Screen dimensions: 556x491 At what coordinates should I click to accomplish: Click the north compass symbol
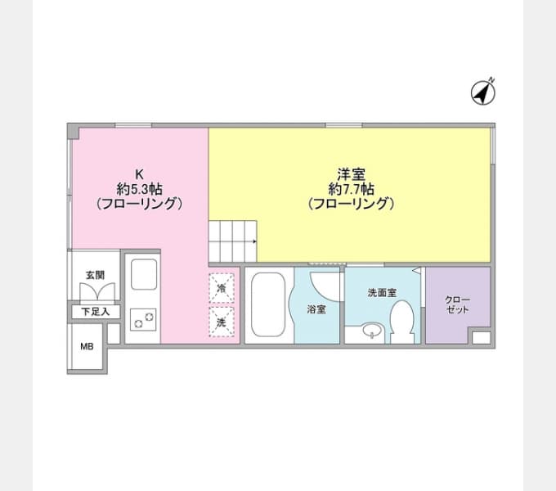point(483,92)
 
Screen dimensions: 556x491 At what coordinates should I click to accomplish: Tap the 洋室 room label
point(351,174)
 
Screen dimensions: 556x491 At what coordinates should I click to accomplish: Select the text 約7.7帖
point(351,189)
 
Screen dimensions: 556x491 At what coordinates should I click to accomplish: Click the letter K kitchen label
point(139,174)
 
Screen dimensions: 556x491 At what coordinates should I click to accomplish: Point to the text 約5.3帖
point(139,189)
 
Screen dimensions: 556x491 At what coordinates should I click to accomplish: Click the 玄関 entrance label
point(95,275)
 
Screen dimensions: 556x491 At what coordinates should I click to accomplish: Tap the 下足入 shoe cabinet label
point(96,312)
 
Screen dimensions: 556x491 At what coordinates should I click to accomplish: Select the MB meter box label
point(87,346)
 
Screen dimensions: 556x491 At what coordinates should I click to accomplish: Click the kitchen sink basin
point(144,274)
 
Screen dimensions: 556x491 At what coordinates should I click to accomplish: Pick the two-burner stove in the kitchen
point(143,320)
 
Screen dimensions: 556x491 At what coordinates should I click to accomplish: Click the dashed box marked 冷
point(222,288)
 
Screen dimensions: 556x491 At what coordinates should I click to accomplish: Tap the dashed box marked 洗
point(222,322)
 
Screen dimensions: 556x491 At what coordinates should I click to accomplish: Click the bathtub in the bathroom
point(268,304)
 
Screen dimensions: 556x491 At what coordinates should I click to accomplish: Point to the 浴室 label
point(316,309)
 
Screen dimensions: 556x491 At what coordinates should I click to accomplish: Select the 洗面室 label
point(382,293)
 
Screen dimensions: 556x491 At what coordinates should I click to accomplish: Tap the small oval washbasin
point(372,331)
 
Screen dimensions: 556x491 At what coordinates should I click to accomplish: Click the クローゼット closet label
point(457,304)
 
